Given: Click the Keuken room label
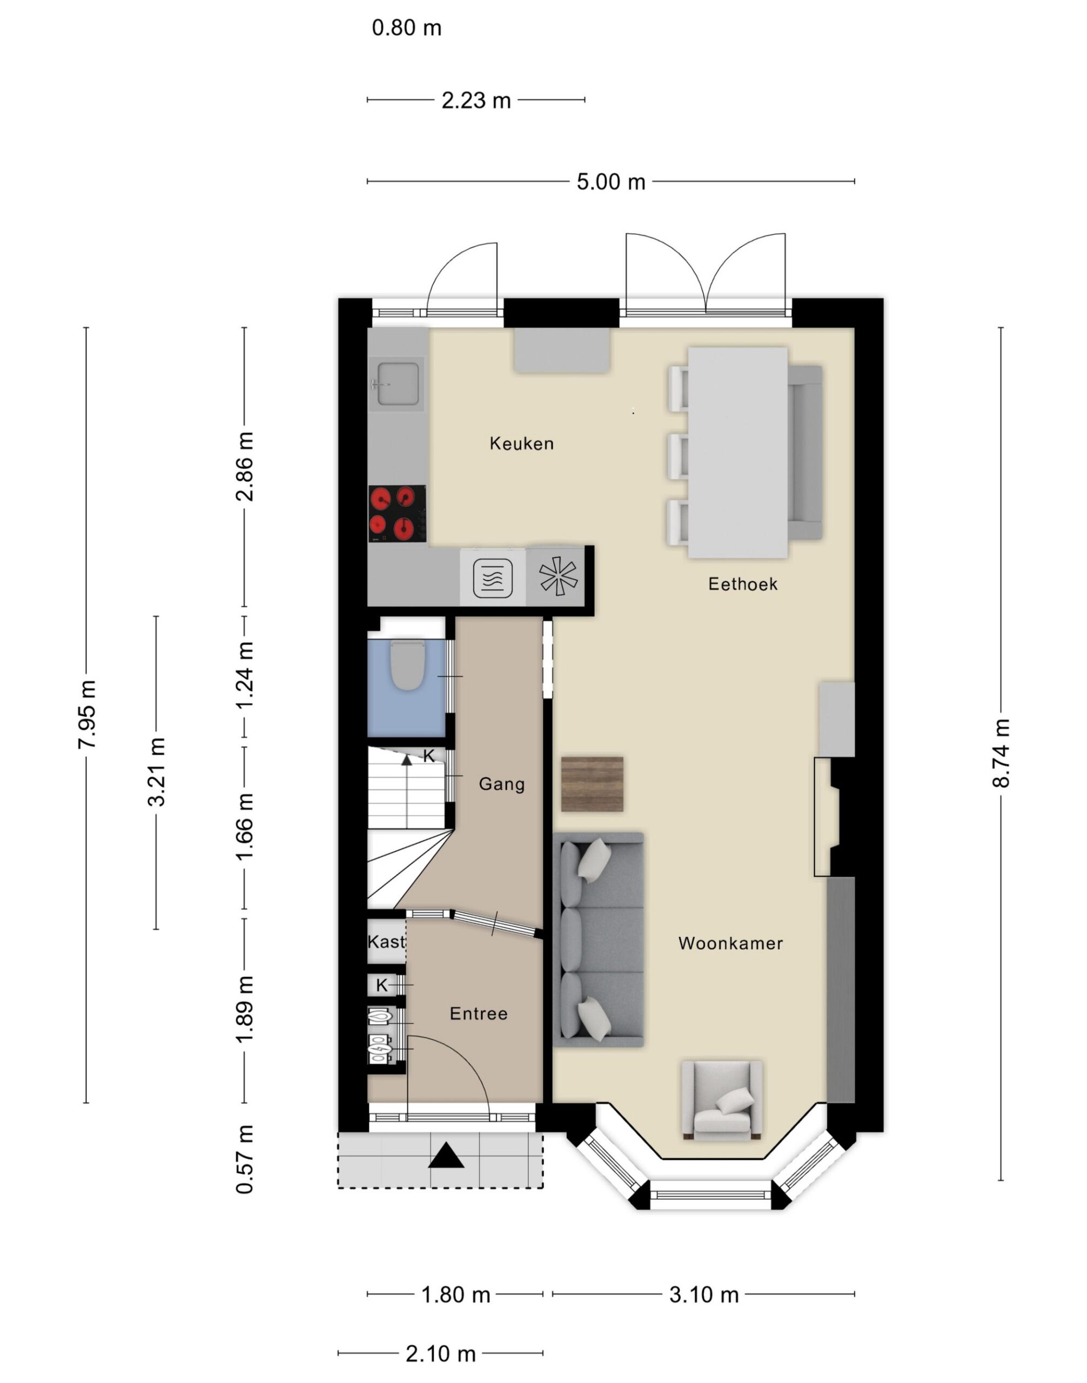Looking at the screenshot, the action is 521,444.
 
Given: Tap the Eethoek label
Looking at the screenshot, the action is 743,584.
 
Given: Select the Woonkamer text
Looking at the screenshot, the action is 730,943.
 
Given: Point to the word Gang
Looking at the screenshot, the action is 501,784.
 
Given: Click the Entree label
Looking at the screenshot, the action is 479,1013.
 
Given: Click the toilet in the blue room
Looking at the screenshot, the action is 407,666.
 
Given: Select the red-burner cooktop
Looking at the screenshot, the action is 398,514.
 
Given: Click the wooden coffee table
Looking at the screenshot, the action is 592,784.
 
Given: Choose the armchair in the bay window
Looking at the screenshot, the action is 722,1099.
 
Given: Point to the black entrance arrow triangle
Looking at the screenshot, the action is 446,1155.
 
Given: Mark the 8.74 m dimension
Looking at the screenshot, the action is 1001,753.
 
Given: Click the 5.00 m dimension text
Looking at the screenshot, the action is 611,182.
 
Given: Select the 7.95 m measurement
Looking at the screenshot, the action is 86,714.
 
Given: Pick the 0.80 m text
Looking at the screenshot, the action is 407,28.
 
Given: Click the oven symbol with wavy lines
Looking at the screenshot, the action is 493,578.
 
